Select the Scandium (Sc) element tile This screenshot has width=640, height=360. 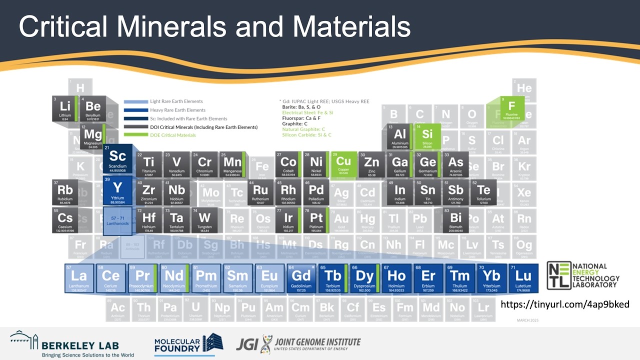(x=118, y=158)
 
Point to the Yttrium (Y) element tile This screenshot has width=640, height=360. (x=117, y=190)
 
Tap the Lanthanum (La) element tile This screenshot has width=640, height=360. (x=79, y=278)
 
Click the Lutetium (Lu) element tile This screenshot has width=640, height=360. (x=523, y=278)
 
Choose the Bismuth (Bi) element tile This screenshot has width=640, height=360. (x=455, y=220)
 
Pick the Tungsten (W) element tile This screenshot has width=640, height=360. (x=204, y=220)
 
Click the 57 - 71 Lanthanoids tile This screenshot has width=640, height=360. (x=117, y=220)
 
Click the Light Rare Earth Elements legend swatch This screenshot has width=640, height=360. (x=135, y=101)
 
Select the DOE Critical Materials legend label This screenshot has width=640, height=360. (x=173, y=135)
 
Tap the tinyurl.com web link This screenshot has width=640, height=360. (x=564, y=304)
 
